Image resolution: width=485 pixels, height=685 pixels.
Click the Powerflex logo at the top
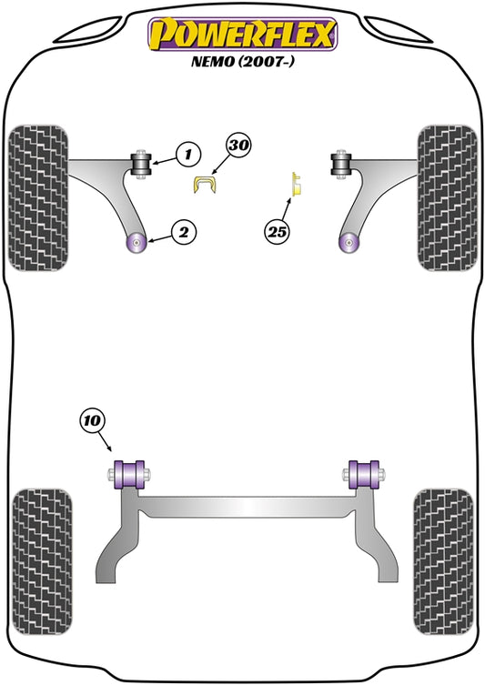pos(243,34)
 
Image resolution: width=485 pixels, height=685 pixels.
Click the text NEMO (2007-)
pos(243,61)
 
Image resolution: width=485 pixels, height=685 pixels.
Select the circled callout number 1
pos(188,154)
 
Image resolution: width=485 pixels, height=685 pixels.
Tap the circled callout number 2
pos(184,232)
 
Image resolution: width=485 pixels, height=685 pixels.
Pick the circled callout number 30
pos(238,145)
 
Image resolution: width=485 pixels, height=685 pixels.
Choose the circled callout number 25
pos(277,231)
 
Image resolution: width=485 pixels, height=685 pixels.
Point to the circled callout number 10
pos(93,420)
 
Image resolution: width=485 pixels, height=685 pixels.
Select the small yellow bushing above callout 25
pos(298,185)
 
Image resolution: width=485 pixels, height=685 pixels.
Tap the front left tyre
pos(38,198)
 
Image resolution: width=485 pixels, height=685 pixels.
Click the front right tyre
pos(447,198)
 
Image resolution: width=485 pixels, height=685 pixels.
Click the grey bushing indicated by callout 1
pos(141,164)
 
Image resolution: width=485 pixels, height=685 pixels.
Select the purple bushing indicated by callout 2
pos(136,243)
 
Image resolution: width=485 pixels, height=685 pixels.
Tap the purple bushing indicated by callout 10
pos(129,475)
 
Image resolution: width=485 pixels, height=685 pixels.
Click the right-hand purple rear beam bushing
pos(364,475)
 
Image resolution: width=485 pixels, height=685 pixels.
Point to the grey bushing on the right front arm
pos(341,164)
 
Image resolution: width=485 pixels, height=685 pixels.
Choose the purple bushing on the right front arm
pos(349,243)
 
